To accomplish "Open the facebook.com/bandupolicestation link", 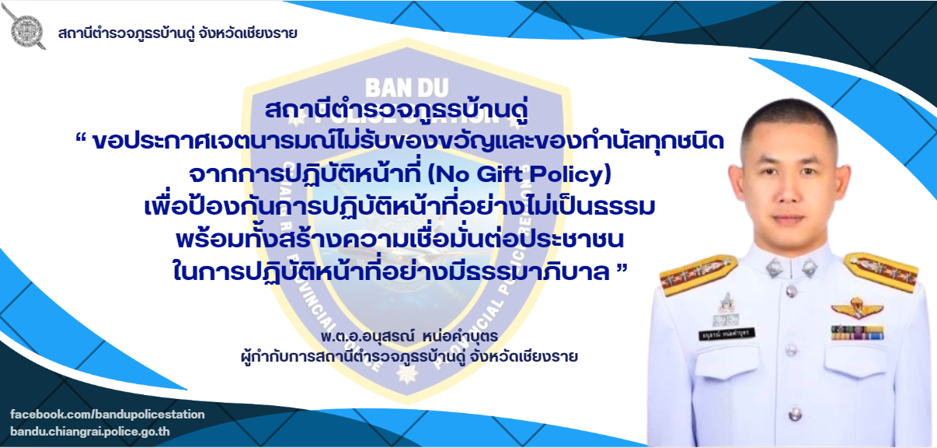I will (107, 414).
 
